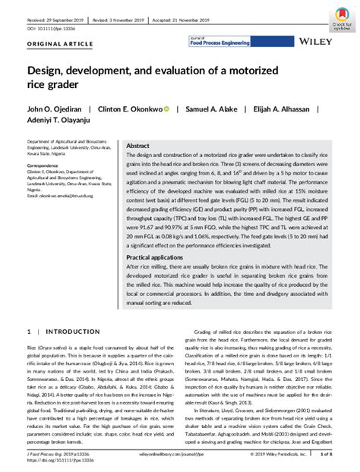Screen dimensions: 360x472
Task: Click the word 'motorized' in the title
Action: (x=268, y=68)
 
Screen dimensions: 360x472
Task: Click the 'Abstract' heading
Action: (x=137, y=145)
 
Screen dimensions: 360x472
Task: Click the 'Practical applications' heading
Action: (x=158, y=257)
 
